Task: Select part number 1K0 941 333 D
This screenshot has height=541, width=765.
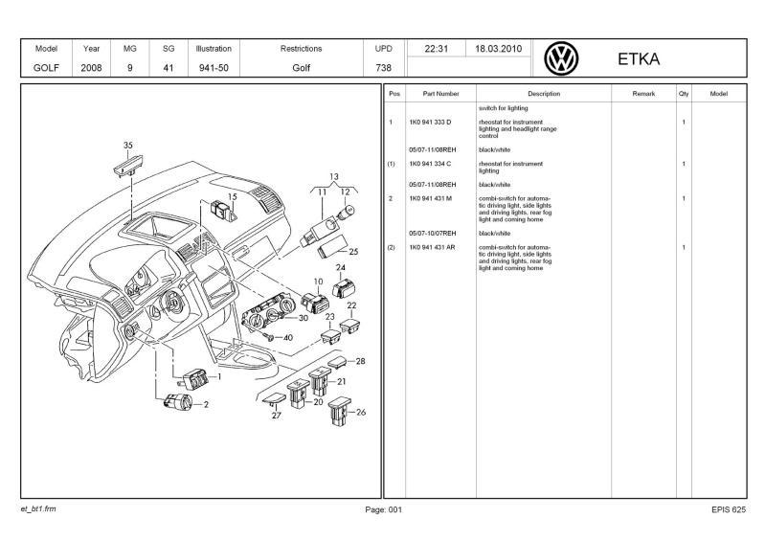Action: pos(430,123)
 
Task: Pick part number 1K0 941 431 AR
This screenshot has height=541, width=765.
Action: pos(432,247)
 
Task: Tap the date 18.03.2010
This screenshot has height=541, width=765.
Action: pos(498,49)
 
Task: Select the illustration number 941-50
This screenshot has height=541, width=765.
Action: pos(214,68)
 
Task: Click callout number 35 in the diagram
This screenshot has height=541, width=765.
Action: pos(128,146)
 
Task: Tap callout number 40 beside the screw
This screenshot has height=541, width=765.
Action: pos(288,337)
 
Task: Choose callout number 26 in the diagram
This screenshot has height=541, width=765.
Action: pos(361,412)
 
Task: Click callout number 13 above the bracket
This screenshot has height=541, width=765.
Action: pos(334,177)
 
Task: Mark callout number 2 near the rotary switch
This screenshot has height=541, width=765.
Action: pos(205,404)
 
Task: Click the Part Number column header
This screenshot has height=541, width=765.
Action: pos(440,94)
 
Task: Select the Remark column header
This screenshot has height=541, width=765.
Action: pos(643,94)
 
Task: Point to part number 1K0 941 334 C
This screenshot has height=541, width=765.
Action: pos(430,164)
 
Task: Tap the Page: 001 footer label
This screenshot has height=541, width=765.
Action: pos(384,509)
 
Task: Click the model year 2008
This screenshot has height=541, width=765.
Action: pos(92,68)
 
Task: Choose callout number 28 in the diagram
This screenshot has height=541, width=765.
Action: pos(360,361)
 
